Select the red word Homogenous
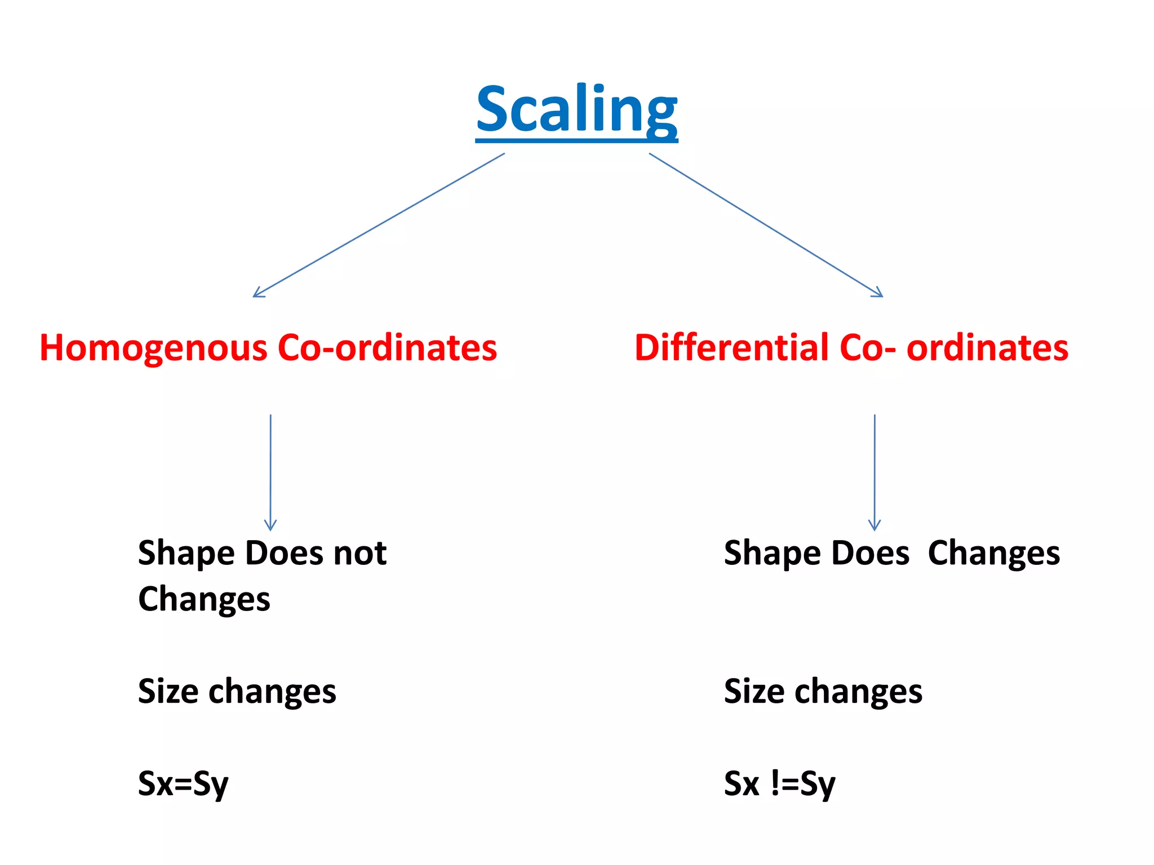pyautogui.click(x=153, y=347)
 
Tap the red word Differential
pyautogui.click(x=732, y=347)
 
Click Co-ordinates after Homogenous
pyautogui.click(x=388, y=347)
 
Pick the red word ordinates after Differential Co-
pyautogui.click(x=987, y=347)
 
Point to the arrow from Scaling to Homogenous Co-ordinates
pyautogui.click(x=379, y=225)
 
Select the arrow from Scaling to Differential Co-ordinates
pyautogui.click(x=766, y=225)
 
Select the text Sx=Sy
pyautogui.click(x=183, y=783)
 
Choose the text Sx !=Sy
pyautogui.click(x=780, y=783)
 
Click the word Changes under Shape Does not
pyautogui.click(x=204, y=599)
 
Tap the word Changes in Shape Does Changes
pyautogui.click(x=994, y=553)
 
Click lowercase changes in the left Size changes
pyautogui.click(x=272, y=691)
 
